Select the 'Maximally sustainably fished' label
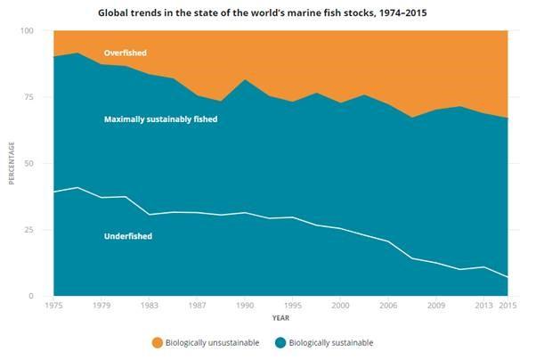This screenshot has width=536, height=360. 160,119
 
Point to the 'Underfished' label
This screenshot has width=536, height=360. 127,236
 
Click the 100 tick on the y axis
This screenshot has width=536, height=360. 27,31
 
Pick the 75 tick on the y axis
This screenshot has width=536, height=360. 28,97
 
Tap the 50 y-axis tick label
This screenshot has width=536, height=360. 28,164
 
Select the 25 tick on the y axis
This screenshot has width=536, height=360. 28,230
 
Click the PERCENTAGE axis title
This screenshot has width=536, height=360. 12,164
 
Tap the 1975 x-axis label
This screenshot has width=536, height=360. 53,305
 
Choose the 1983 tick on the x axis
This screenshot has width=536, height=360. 150,305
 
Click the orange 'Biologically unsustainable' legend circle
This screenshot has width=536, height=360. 158,342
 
